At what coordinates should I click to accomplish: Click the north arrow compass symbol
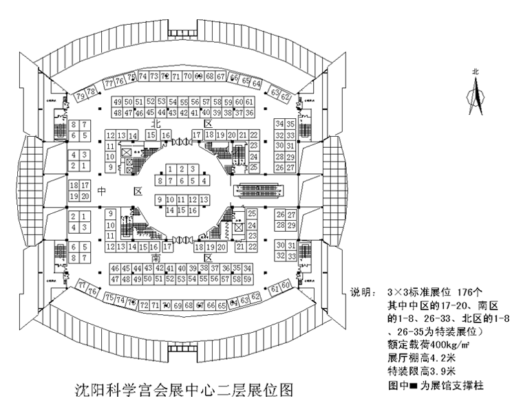coord(474,93)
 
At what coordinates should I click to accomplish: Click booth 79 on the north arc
coord(81,96)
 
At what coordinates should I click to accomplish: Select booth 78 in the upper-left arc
coord(90,91)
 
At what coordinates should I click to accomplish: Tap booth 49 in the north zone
coord(117,102)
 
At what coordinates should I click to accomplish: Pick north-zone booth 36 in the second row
coord(249,113)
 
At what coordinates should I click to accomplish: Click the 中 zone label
coord(101,190)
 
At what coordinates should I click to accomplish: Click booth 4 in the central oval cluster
coord(204,181)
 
